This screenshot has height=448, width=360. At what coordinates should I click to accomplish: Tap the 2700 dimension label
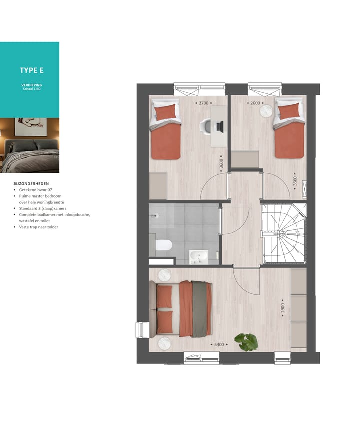[203, 103]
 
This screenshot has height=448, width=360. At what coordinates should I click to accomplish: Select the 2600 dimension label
[255, 103]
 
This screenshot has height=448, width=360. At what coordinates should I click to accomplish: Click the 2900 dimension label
[282, 308]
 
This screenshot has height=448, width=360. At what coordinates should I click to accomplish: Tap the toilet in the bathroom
[163, 245]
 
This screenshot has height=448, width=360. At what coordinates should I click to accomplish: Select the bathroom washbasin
[199, 257]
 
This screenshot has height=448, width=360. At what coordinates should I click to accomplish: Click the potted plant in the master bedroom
[246, 342]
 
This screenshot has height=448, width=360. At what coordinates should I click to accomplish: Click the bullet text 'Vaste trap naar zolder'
[39, 227]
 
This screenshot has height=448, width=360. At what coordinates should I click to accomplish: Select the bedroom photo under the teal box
[29, 145]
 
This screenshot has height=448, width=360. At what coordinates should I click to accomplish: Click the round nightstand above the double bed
[165, 275]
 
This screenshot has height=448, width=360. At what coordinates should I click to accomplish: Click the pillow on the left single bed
[166, 111]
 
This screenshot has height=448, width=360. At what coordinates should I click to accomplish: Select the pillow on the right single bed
[290, 110]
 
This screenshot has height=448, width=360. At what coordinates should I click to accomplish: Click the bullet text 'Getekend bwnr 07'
[36, 190]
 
